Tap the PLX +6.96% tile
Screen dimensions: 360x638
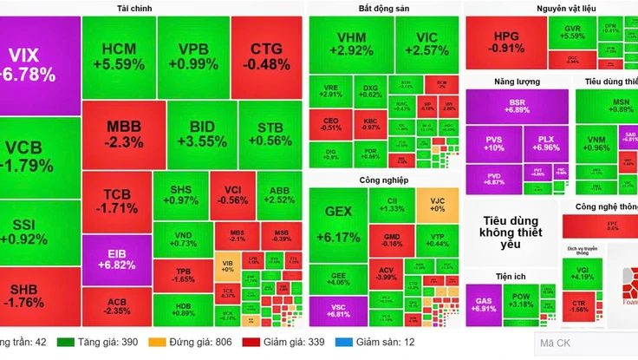[546, 144]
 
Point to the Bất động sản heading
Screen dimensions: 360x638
[383, 9]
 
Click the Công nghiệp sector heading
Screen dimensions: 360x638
[383, 180]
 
